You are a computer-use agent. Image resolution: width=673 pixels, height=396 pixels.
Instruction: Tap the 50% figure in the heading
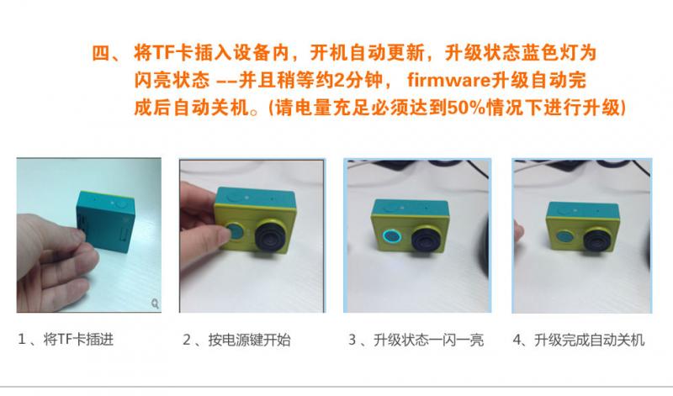[x=466, y=108]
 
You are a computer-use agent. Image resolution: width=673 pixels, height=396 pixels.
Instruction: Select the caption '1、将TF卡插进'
[x=66, y=340]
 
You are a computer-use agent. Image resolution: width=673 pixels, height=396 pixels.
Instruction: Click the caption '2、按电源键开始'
[x=236, y=340]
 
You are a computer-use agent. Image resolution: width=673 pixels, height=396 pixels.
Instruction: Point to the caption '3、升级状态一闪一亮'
[x=416, y=340]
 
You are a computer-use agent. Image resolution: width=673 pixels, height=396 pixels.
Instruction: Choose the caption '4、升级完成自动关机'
[x=579, y=340]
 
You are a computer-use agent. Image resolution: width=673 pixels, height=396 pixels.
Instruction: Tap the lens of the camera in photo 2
[x=272, y=235]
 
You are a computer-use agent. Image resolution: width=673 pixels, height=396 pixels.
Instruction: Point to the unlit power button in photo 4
[x=564, y=237]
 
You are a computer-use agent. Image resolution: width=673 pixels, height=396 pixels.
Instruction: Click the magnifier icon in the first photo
[x=155, y=304]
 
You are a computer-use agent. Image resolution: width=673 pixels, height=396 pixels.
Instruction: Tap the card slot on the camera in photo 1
[x=81, y=222]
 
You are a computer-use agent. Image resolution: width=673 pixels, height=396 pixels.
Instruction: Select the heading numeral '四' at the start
[x=101, y=53]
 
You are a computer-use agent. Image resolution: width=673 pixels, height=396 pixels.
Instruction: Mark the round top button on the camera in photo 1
[x=122, y=203]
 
